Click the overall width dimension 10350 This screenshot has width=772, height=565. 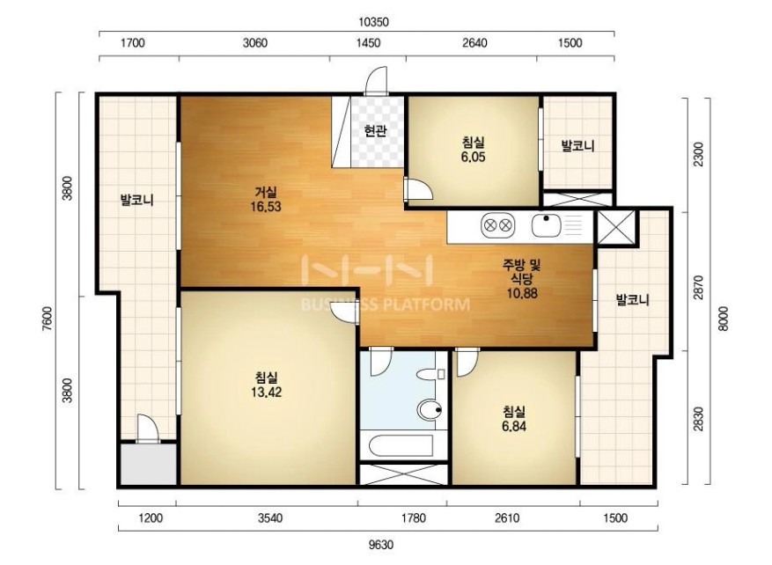374,22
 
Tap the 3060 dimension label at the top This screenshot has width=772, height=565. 255,43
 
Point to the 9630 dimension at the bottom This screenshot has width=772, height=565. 381,545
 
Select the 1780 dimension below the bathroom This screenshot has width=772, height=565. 413,517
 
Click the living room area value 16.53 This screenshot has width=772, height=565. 265,207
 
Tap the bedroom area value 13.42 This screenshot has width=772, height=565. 267,393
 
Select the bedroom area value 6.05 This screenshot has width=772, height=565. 473,157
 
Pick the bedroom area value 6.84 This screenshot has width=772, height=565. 514,426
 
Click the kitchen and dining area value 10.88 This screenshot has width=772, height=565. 522,293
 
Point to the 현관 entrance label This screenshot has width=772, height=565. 375,131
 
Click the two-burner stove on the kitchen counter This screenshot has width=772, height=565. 497,226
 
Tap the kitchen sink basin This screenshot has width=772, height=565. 546,226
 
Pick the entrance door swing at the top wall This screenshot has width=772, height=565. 376,80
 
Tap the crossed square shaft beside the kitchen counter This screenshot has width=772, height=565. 615,227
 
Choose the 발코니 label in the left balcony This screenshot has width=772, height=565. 137,201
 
